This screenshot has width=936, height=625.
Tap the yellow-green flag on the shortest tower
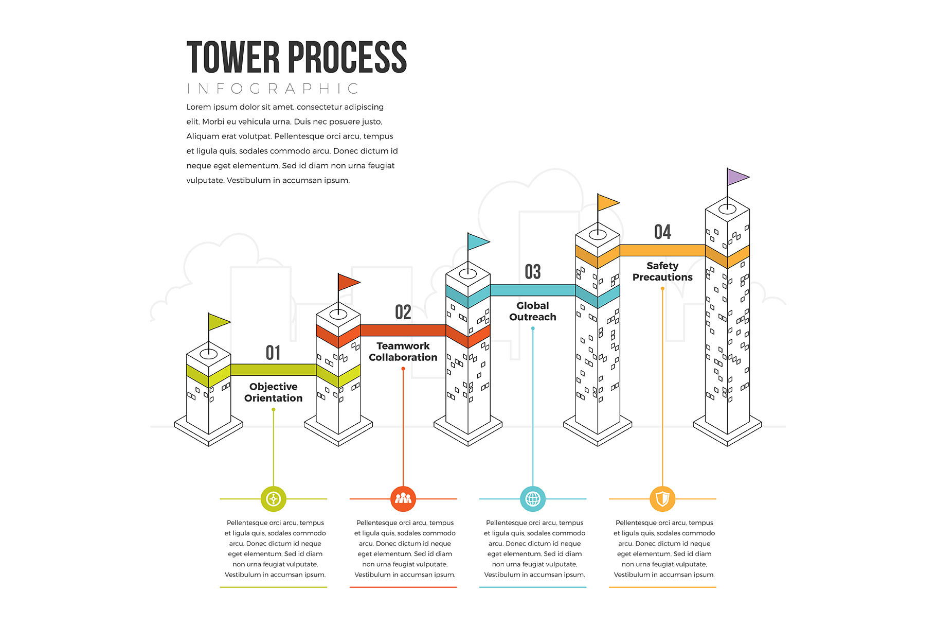(x=218, y=322)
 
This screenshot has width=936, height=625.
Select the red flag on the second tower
(x=348, y=282)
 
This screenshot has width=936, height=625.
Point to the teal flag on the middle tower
(x=477, y=241)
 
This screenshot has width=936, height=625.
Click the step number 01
(x=273, y=353)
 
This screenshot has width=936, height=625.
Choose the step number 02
(x=403, y=312)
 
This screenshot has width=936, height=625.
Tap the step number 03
(x=532, y=272)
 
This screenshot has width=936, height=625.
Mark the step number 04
(x=662, y=232)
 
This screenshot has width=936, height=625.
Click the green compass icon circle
(x=273, y=499)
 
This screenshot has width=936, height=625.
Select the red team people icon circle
(x=403, y=499)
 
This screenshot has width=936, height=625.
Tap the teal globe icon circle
(x=533, y=499)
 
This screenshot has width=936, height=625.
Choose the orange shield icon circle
(x=662, y=499)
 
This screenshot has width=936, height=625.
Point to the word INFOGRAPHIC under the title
(x=273, y=89)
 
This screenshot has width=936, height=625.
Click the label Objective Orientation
(x=273, y=392)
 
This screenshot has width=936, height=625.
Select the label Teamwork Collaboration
(x=403, y=352)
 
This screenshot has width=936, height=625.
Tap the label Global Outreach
(x=532, y=311)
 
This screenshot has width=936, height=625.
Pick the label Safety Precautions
(x=662, y=271)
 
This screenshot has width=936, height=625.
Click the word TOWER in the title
(x=233, y=57)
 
